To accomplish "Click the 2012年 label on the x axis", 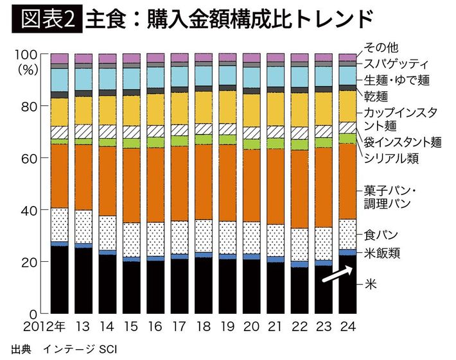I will (43, 326).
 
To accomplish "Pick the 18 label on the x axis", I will (203, 326).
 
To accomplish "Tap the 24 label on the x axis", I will (347, 326).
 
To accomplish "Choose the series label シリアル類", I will (392, 158).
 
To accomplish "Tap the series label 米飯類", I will (383, 253).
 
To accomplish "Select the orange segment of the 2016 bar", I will (155, 186).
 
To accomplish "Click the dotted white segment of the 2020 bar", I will (251, 239).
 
